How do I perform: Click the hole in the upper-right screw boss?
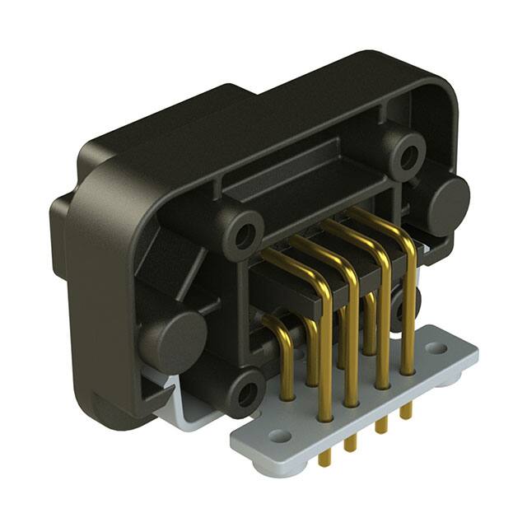[x=405, y=154]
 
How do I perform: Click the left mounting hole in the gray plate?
[x=280, y=436]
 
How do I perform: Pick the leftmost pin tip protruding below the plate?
[x=325, y=458]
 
